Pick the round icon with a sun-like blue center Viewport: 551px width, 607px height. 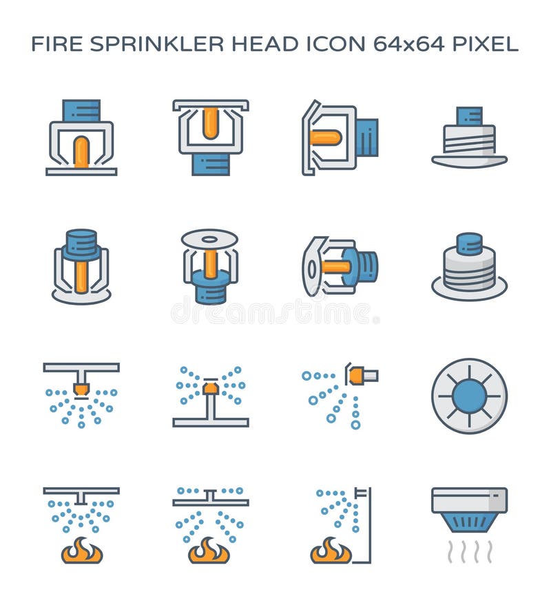pyautogui.click(x=469, y=396)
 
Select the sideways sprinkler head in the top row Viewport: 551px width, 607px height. pyautogui.click(x=340, y=138)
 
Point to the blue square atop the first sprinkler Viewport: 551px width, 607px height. pyautogui.click(x=81, y=110)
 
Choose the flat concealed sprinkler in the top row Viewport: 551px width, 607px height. pyautogui.click(x=469, y=138)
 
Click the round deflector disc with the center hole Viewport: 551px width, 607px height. pyautogui.click(x=210, y=238)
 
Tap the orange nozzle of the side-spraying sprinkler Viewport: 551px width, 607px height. pyautogui.click(x=357, y=376)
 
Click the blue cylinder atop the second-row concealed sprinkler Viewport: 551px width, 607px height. pyautogui.click(x=469, y=243)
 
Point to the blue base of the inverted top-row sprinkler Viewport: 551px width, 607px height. pyautogui.click(x=210, y=164)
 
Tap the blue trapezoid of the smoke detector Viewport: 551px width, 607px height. pyautogui.click(x=469, y=521)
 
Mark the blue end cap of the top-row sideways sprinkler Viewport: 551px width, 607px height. pyautogui.click(x=367, y=138)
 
